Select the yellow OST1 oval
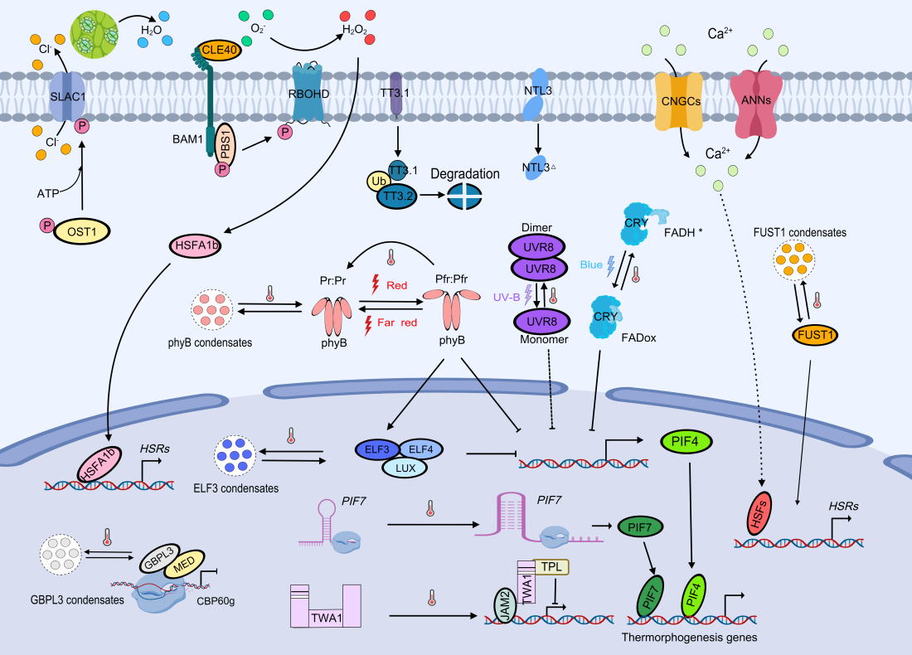click(x=82, y=230)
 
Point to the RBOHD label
click(x=306, y=94)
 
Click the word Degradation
click(x=464, y=174)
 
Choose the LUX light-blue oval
click(x=405, y=468)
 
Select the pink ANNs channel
click(x=755, y=100)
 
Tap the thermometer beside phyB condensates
click(x=269, y=293)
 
